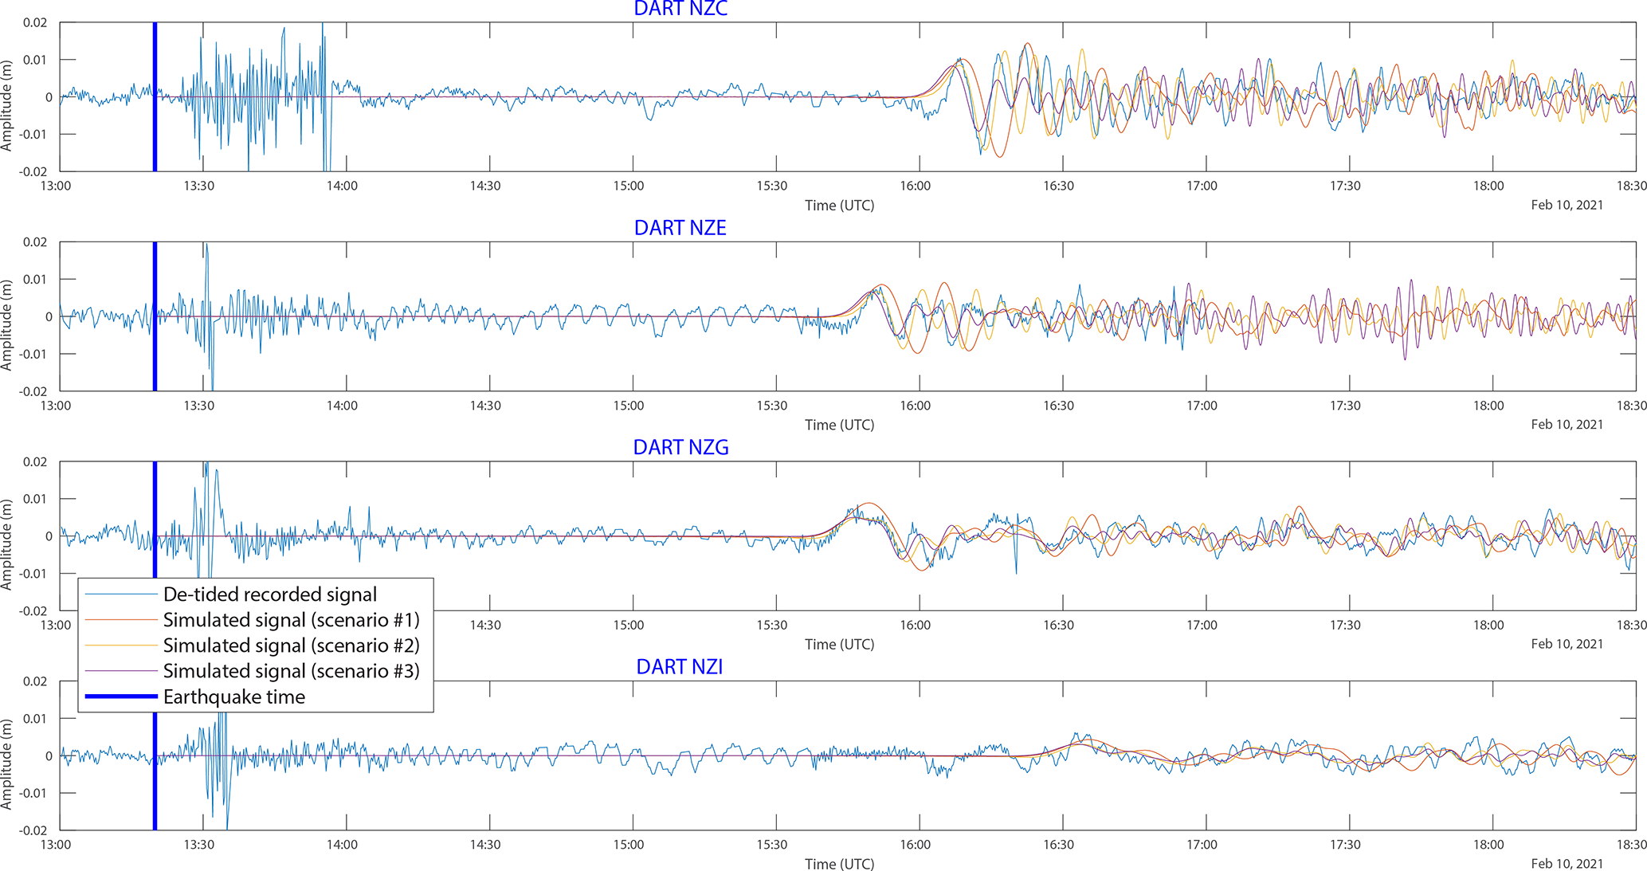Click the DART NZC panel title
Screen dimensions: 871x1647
(680, 9)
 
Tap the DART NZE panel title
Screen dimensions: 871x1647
(680, 228)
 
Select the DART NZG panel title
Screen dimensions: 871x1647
(680, 447)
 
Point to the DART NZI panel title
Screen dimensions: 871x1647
(679, 666)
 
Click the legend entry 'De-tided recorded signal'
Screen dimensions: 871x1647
(269, 594)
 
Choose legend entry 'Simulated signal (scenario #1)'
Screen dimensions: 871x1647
(291, 620)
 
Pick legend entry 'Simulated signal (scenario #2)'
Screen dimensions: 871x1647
(291, 645)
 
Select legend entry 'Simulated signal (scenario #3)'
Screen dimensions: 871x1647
(291, 671)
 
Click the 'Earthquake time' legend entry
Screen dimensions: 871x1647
(233, 697)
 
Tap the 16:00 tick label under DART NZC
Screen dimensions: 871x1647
(916, 186)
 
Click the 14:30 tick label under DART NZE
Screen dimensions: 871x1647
(485, 406)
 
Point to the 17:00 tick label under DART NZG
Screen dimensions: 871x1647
(1202, 625)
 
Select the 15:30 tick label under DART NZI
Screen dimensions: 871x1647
(772, 845)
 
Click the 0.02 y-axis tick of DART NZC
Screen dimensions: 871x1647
(35, 22)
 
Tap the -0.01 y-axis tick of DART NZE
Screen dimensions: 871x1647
(33, 354)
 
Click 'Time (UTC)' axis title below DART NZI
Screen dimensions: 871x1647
(839, 864)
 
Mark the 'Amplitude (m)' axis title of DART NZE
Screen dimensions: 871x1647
(7, 325)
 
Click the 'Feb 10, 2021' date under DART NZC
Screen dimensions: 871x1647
(1567, 205)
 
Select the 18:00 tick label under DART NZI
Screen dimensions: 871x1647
(1488, 845)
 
